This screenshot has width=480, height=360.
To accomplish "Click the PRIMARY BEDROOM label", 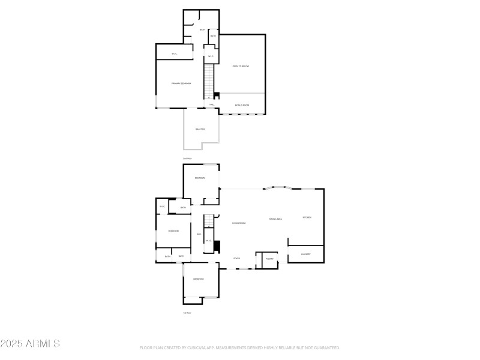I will pos(181,83).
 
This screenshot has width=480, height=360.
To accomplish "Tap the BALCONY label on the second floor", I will pos(200,130).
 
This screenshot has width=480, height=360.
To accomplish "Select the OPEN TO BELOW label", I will pos(241,66).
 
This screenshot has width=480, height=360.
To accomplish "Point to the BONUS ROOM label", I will pos(242,105).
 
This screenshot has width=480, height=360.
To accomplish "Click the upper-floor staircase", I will pos(208,82).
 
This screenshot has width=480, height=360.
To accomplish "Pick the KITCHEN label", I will pos(307,217).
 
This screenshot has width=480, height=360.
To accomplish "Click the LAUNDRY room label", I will pos(305,254).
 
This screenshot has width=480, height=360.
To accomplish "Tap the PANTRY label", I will pos(269,259).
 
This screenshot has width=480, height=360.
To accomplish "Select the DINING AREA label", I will pos(275,220).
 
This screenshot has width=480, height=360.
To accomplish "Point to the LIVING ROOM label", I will pos(239,223).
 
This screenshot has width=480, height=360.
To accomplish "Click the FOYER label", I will pos(237,259).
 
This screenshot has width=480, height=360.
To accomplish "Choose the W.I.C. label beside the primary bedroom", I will pos(174,54).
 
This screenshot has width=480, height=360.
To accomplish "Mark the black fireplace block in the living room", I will pos(218,247).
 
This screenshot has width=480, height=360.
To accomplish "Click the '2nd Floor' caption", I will pos(187,158).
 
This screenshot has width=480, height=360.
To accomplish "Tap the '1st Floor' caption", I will pos(187,313).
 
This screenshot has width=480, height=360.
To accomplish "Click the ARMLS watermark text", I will pos(30,344).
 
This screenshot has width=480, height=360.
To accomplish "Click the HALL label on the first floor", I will pos(199,234).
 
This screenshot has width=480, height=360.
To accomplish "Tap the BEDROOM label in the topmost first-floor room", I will pos(200,178).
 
